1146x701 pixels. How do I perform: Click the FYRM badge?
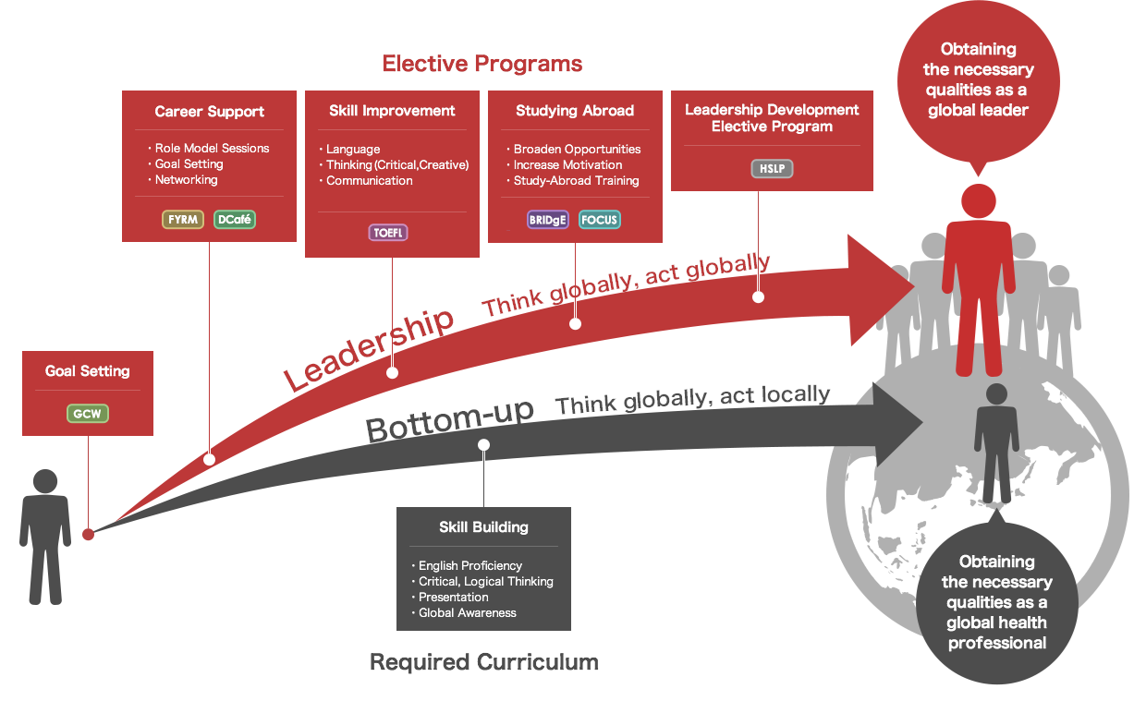[183, 219]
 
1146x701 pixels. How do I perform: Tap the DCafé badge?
[235, 219]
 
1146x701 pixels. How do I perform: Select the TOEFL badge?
[388, 233]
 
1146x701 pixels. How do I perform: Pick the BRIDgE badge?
[547, 220]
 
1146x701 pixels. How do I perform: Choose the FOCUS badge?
[600, 220]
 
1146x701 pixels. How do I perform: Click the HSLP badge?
[772, 169]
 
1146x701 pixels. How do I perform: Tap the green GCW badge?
[88, 414]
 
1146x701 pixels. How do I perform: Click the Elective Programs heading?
[482, 64]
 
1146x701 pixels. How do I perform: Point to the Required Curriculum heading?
[484, 662]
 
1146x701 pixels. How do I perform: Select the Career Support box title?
[209, 112]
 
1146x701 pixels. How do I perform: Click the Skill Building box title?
[483, 527]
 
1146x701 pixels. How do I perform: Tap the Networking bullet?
[184, 180]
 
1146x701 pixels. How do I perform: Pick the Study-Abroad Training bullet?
[573, 180]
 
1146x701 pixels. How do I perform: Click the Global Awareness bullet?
[465, 612]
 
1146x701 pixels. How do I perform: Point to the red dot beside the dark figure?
[88, 535]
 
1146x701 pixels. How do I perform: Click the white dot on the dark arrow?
[483, 445]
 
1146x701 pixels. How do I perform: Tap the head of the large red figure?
[978, 201]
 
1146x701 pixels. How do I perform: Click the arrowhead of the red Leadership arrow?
[880, 289]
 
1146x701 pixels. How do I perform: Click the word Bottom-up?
[450, 420]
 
